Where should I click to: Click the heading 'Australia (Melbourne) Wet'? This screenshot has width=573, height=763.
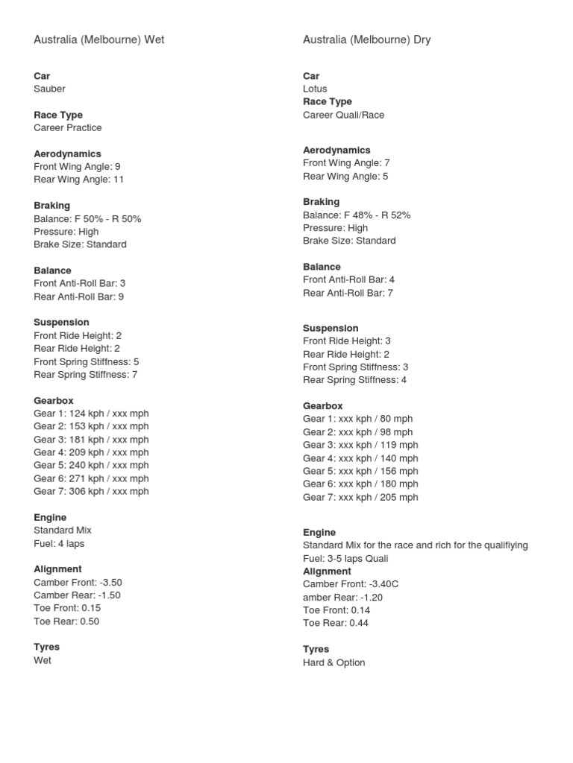[x=98, y=40]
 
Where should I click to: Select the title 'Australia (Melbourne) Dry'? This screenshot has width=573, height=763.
[x=366, y=40]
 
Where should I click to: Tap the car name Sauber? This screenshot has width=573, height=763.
[x=49, y=89]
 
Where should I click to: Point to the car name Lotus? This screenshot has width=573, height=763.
[x=315, y=89]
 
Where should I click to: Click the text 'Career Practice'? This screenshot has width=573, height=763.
[x=67, y=127]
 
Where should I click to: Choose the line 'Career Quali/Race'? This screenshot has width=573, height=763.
[x=343, y=115]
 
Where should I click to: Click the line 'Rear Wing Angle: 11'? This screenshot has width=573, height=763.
[x=78, y=180]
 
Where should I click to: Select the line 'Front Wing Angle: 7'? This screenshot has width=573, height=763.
[x=346, y=162]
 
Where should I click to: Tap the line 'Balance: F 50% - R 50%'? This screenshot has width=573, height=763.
[x=87, y=218]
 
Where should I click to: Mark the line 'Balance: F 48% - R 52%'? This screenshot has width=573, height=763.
[x=357, y=215]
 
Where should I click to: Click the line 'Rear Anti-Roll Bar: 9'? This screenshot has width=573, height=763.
[x=78, y=297]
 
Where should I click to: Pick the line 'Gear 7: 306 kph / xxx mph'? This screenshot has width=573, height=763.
[x=91, y=491]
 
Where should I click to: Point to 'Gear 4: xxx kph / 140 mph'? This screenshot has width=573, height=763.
[x=360, y=458]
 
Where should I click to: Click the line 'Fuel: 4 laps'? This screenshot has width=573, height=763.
[x=59, y=543]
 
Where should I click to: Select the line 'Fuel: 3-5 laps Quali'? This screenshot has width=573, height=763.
[x=345, y=558]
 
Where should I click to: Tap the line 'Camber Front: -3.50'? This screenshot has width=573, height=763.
[x=78, y=582]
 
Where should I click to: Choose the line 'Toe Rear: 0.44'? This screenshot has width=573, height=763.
[x=336, y=623]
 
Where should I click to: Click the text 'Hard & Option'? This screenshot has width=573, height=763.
[x=334, y=662]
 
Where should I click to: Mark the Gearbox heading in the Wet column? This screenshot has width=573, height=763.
[x=53, y=400]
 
